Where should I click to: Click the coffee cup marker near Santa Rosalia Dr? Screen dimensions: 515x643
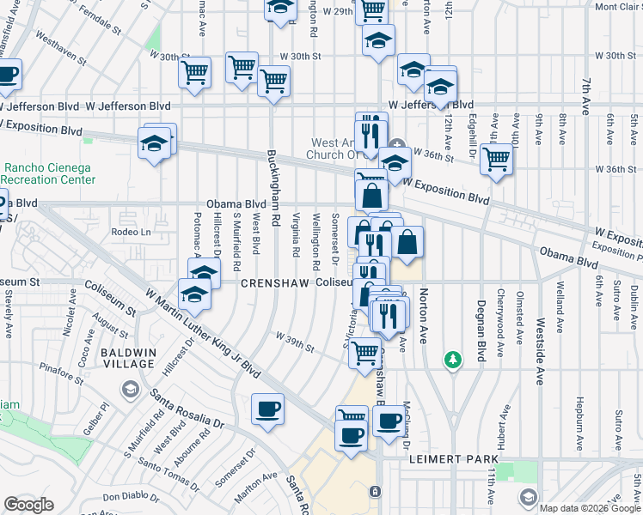[x=267, y=409]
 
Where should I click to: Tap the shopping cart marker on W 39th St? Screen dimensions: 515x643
[x=365, y=352]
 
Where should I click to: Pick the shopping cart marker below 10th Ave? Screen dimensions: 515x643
[x=497, y=160]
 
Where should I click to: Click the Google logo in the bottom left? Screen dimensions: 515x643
[x=28, y=504]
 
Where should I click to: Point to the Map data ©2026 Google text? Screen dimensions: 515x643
[x=590, y=508]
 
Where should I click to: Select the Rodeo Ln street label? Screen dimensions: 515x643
[x=131, y=232]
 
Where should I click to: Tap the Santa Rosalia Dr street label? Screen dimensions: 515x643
[x=187, y=409]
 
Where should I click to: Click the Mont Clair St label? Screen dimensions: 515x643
[x=615, y=7]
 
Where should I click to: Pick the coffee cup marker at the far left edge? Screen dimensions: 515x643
[x=7, y=76]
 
